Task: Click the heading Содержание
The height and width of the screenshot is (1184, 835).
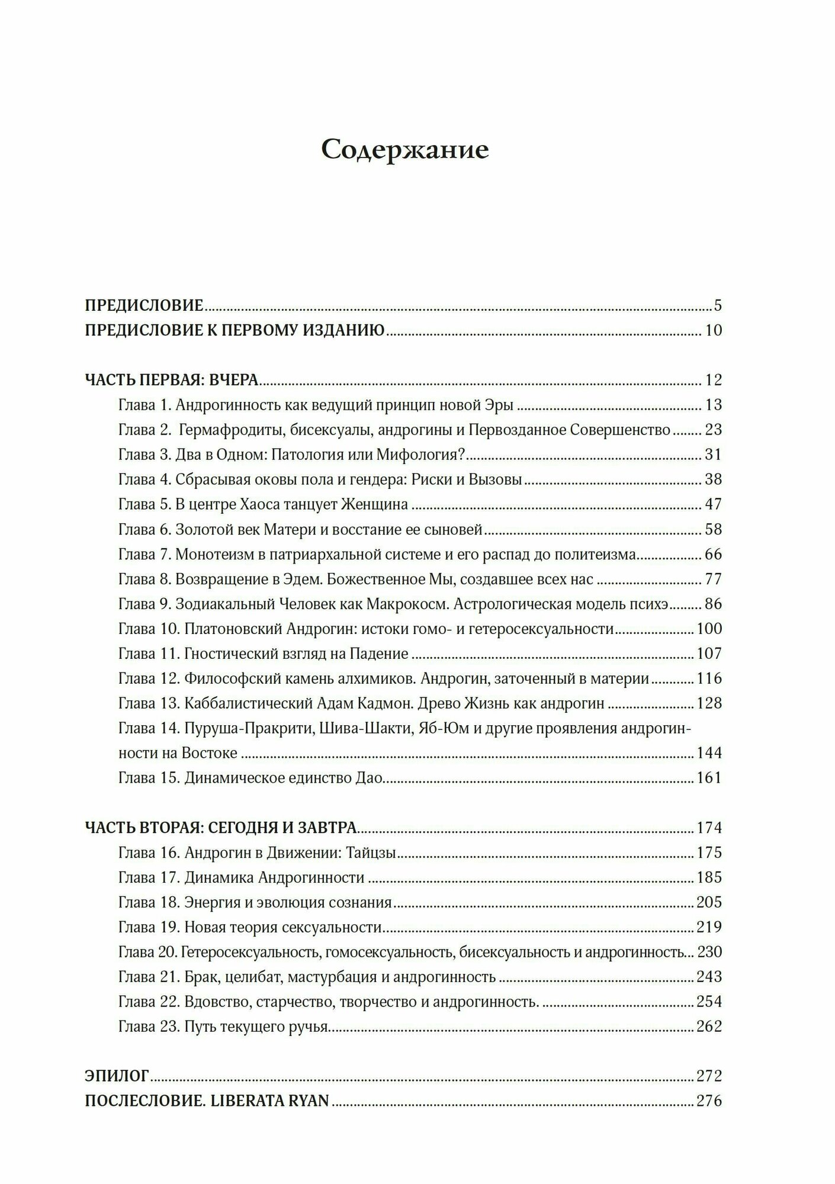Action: point(405,150)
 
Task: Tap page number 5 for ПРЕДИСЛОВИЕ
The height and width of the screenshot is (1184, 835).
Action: point(718,306)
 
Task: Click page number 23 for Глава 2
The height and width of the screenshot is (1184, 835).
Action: point(713,430)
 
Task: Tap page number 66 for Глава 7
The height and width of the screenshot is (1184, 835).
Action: point(713,555)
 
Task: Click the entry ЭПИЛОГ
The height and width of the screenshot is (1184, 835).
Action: point(117,1076)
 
